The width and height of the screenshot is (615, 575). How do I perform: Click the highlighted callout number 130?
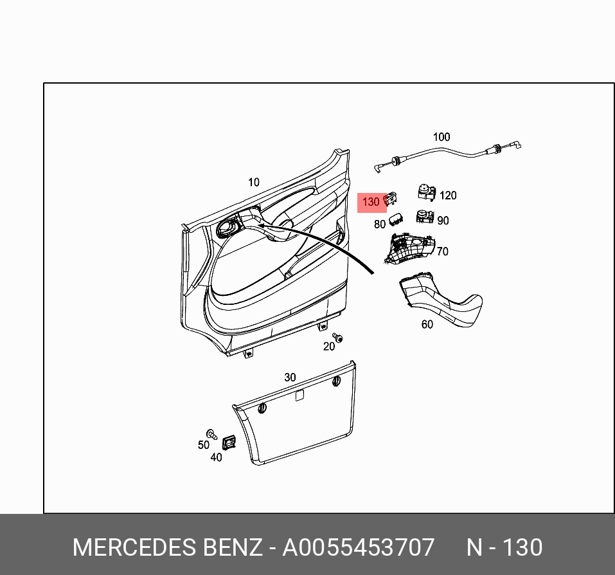371,203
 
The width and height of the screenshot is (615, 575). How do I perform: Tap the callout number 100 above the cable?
441,137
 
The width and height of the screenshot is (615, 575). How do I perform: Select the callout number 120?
448,196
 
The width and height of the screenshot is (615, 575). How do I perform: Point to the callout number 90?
443,221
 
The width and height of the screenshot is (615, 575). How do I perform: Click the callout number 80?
380,224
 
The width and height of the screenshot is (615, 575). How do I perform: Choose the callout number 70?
442,251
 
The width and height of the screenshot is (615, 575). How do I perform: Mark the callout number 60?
427,324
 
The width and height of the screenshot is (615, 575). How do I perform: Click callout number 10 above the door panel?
254,183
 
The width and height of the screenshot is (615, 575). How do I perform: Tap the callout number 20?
329,347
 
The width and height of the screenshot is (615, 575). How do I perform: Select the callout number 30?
290,378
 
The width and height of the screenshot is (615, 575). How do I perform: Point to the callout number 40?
216,457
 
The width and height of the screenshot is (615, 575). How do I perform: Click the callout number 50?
203,445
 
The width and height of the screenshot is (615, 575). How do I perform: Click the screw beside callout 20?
337,337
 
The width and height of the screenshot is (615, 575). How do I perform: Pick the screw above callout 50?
210,433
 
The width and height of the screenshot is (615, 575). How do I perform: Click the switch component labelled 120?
425,192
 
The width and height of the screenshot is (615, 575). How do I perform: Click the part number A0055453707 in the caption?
359,547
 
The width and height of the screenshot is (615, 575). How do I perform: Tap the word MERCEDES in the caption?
134,547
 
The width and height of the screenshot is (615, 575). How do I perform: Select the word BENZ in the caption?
233,547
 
